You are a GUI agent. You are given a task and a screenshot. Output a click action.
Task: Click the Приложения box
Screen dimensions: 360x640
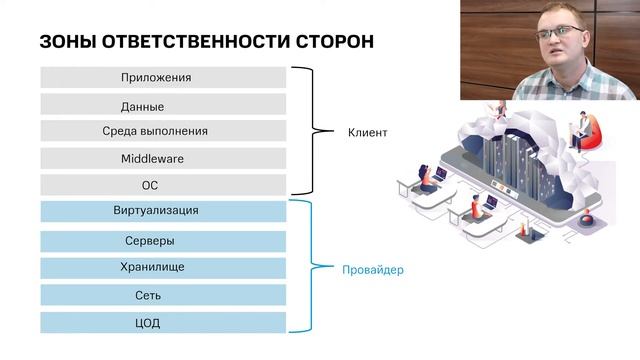click(x=163, y=77)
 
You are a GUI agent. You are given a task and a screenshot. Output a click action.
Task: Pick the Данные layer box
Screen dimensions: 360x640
click(x=163, y=105)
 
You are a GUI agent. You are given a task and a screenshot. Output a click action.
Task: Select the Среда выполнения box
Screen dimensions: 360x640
click(x=163, y=131)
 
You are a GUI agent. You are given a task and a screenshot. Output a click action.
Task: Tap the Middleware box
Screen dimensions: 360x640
click(x=163, y=158)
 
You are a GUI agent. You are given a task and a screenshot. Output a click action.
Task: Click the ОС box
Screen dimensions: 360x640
click(x=163, y=185)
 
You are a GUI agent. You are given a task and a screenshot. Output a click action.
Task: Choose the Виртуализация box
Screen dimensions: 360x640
click(x=163, y=211)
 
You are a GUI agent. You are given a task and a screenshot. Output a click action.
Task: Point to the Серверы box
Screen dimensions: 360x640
click(x=163, y=241)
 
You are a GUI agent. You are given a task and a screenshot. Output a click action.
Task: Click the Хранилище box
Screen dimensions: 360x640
click(x=163, y=268)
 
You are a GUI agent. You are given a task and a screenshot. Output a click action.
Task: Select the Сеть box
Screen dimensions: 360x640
click(x=163, y=296)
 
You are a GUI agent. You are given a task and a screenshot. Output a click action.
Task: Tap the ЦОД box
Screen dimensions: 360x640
click(x=163, y=323)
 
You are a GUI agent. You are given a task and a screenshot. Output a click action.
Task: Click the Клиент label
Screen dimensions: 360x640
click(x=367, y=132)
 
